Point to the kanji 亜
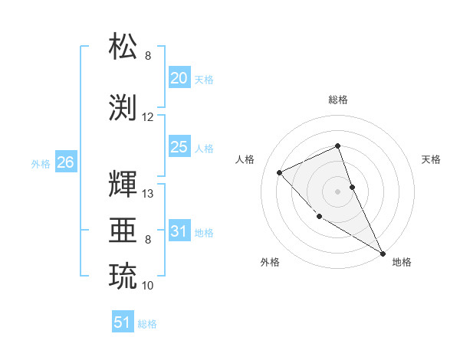pyautogui.click(x=123, y=229)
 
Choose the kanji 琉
pyautogui.click(x=123, y=275)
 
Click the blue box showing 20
pyautogui.click(x=179, y=78)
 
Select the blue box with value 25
pyautogui.click(x=179, y=147)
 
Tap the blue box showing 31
pyautogui.click(x=179, y=231)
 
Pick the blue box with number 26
pyautogui.click(x=65, y=162)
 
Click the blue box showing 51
pyautogui.click(x=123, y=322)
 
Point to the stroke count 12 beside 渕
pyautogui.click(x=147, y=117)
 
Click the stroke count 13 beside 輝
pyautogui.click(x=148, y=194)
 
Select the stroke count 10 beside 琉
pyautogui.click(x=147, y=286)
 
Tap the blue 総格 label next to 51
pyautogui.click(x=147, y=324)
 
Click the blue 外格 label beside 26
pyautogui.click(x=41, y=164)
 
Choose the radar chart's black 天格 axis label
pyautogui.click(x=431, y=159)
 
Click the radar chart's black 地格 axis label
pyautogui.click(x=402, y=262)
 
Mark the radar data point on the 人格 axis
pyautogui.click(x=280, y=172)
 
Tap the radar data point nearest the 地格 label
pyautogui.click(x=382, y=253)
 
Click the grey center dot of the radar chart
pyautogui.click(x=337, y=191)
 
